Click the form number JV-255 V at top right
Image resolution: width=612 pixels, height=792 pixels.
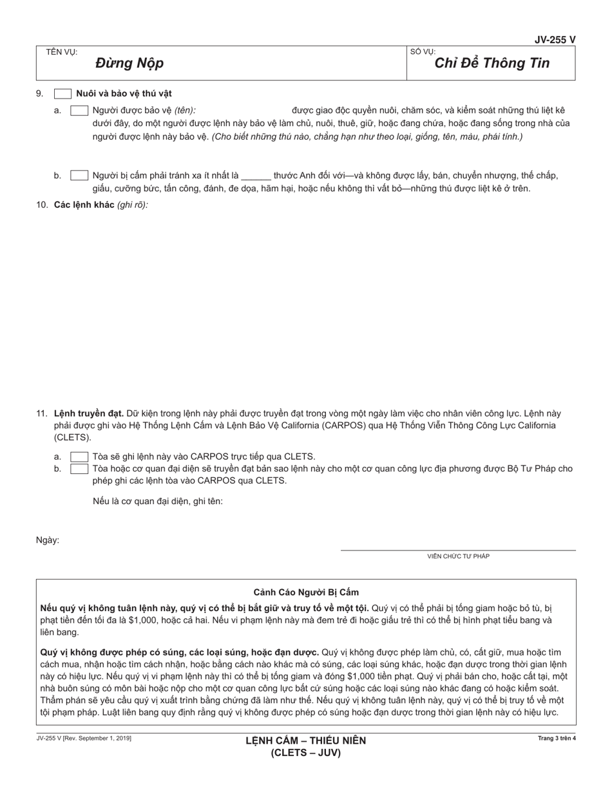[555, 40]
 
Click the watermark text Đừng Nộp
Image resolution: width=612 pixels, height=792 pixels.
[129, 63]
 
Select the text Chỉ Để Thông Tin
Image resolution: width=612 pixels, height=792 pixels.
[492, 63]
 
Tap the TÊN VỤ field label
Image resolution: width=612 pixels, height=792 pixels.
[61, 52]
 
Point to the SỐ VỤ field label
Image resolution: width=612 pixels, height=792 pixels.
[423, 52]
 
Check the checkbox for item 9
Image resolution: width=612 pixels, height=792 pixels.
[62, 94]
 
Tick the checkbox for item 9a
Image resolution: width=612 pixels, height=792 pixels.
[79, 110]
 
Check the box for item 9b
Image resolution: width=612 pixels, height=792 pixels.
[79, 175]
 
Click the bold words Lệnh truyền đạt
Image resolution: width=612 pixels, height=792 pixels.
[89, 413]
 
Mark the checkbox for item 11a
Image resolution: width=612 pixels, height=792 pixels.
[79, 457]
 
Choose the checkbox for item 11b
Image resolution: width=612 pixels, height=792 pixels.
[79, 469]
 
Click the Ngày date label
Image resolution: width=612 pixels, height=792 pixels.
[48, 540]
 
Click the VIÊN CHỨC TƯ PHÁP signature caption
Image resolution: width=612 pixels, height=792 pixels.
[458, 556]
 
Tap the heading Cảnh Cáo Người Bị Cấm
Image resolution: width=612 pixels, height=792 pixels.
[306, 592]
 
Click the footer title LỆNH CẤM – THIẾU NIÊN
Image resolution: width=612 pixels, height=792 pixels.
[305, 740]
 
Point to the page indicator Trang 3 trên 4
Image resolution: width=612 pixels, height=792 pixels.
[557, 739]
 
